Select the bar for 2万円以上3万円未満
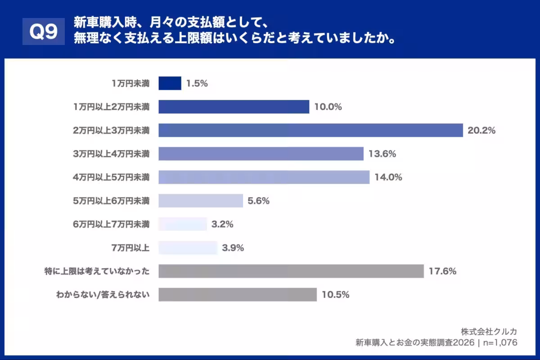point(310,130)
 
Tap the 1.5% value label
point(197,83)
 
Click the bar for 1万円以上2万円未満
point(234,107)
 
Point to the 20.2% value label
point(481,130)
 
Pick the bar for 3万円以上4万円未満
point(261,154)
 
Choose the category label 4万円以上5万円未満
point(111,177)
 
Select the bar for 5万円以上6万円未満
point(201,201)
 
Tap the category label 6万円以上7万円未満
point(111,224)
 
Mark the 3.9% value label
point(233,247)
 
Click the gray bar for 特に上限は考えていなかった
point(291,271)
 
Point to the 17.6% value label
point(443,271)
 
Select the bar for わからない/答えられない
point(238,295)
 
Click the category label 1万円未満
point(130,83)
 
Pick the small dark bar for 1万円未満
point(170,83)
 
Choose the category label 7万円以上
point(130,247)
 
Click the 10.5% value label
point(336,295)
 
